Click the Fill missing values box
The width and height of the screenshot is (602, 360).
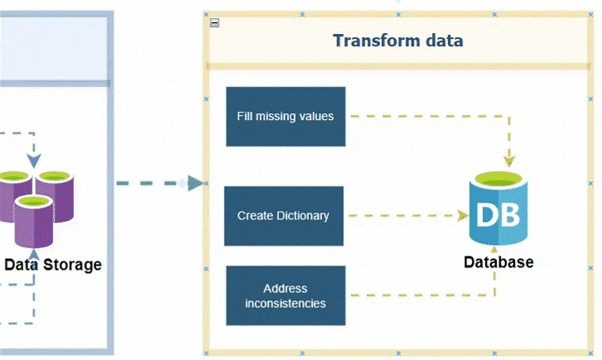point(286,117)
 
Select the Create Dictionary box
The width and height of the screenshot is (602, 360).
point(284,216)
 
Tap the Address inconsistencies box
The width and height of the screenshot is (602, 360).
point(286,295)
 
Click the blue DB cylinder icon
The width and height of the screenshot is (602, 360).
point(498,208)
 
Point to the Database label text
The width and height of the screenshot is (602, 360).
point(498,262)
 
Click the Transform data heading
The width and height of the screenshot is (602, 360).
point(397,41)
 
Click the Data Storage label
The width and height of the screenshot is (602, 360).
point(53,265)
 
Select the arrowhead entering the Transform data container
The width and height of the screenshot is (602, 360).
point(195,184)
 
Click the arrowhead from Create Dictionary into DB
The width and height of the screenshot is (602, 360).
point(462,216)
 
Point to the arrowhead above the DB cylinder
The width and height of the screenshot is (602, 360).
point(509,161)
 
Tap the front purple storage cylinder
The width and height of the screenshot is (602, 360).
point(34,222)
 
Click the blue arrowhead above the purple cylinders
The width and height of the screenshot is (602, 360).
point(34,161)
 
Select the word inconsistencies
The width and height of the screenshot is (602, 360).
point(286,304)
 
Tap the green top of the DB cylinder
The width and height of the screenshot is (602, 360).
point(498,179)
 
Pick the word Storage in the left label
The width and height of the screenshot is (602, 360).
point(72,265)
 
